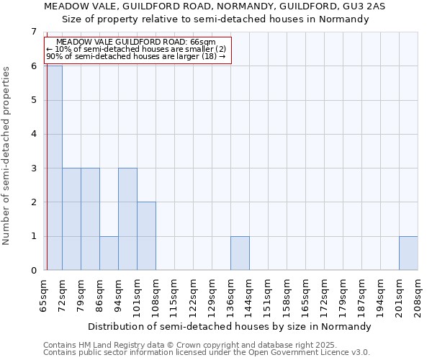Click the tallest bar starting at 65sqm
tap(53, 168)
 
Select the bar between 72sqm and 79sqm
tap(71, 219)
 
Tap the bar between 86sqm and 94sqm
tap(109, 253)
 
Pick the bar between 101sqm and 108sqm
tap(146, 236)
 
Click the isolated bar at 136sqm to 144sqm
tap(240, 253)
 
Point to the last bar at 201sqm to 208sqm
tap(408, 253)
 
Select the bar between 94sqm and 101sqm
tap(127, 219)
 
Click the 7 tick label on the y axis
tap(33, 32)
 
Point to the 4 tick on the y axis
tap(33, 134)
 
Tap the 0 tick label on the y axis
tap(33, 271)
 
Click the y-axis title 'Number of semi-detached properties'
tap(7, 156)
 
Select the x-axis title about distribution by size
tap(230, 326)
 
